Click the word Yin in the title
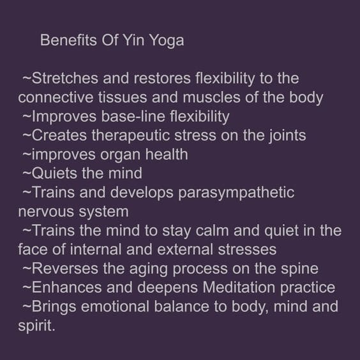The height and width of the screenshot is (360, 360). [134, 40]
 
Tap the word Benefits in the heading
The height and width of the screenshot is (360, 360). [68, 40]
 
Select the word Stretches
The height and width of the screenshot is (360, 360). [65, 79]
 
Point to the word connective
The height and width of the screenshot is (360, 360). [56, 98]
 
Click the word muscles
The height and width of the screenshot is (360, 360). [211, 98]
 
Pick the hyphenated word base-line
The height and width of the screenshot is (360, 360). [133, 116]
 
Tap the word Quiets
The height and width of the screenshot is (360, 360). [54, 174]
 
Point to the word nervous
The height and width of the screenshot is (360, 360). [46, 212]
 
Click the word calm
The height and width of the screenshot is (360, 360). [212, 230]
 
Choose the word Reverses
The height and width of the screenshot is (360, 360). [65, 269]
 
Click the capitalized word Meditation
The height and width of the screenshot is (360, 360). [239, 288]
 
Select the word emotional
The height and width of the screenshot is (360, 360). [115, 307]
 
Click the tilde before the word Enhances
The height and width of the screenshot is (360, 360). [27, 288]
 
